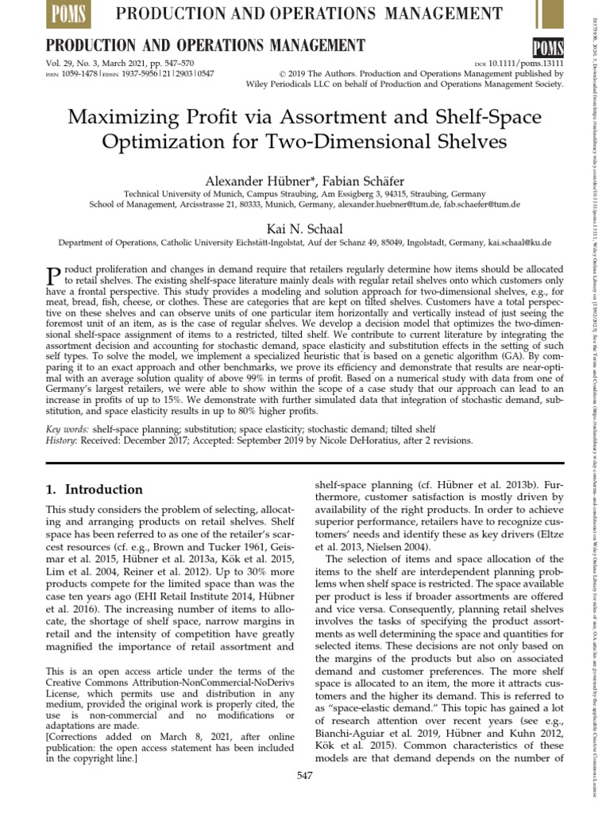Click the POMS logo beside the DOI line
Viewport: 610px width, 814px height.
[x=547, y=46]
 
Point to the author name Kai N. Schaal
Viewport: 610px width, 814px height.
[x=303, y=228]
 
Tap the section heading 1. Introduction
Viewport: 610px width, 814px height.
[x=95, y=490]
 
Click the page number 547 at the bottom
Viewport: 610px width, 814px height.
[x=305, y=775]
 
